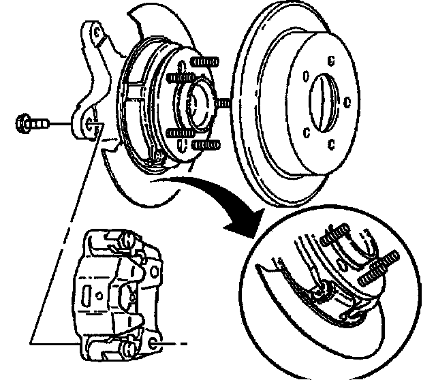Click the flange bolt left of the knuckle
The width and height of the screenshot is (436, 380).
[x=29, y=124]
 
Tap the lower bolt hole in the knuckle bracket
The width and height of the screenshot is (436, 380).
[x=93, y=124]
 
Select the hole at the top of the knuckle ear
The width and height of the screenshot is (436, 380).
[x=96, y=32]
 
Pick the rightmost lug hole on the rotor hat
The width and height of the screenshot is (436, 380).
[x=347, y=102]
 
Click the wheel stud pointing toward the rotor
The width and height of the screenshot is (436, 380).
[x=222, y=102]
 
